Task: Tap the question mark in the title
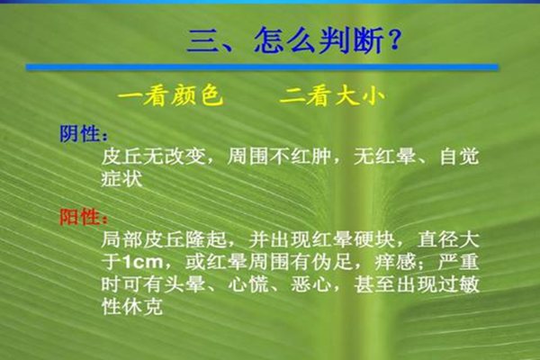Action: click(x=391, y=41)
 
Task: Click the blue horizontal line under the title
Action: click(x=261, y=67)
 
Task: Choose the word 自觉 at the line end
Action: click(x=460, y=157)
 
